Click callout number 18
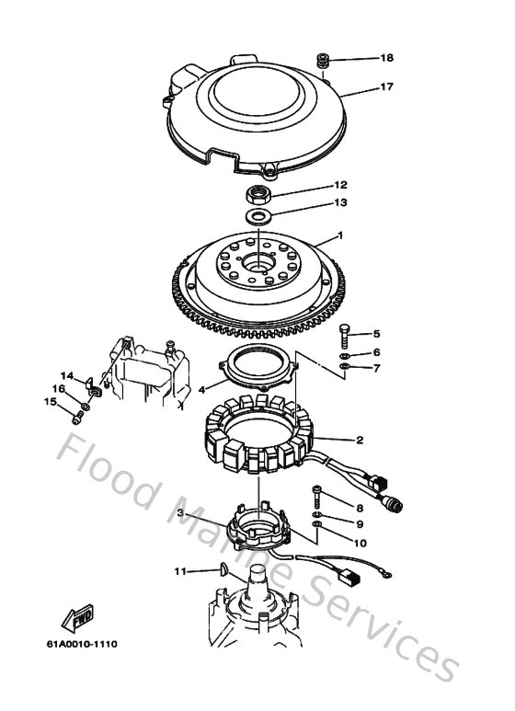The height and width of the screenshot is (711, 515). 387,58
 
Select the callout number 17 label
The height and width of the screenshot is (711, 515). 387,88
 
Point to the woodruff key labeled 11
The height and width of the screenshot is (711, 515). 221,572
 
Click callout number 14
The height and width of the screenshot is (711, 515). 66,375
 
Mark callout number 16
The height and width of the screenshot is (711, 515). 57,388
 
